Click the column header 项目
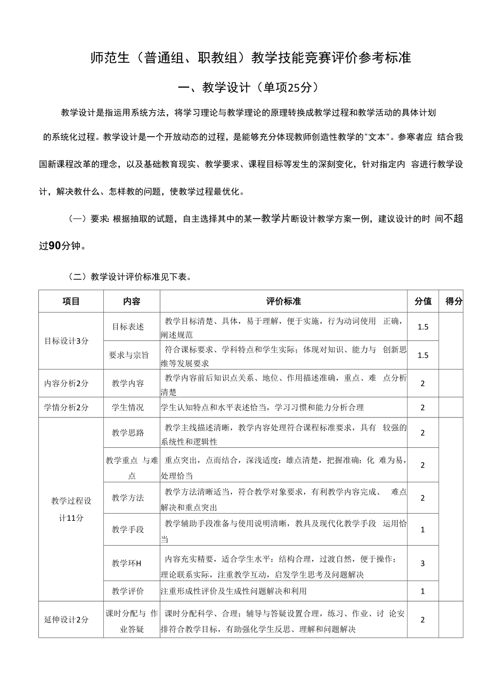(71, 301)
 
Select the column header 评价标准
(283, 301)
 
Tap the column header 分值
(423, 301)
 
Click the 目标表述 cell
(128, 327)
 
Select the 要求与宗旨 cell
(129, 355)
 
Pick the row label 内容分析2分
(66, 383)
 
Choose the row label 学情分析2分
(66, 407)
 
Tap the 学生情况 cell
(128, 407)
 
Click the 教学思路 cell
(128, 432)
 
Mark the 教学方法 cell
(128, 498)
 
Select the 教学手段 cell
(128, 529)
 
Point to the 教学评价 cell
(128, 591)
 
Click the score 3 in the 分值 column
(423, 563)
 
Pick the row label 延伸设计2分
(66, 619)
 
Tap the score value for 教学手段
(423, 529)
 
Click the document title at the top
(251, 58)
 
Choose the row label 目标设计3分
(66, 341)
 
